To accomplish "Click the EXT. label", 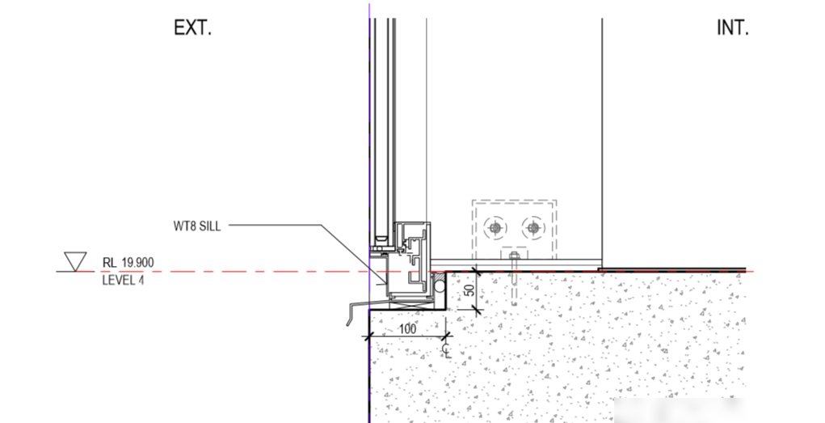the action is pyautogui.click(x=192, y=28).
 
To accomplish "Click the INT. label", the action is pyautogui.click(x=733, y=28).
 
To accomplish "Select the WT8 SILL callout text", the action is pyautogui.click(x=197, y=226).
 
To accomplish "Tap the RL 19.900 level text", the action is pyautogui.click(x=128, y=262).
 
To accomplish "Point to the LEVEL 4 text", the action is pyautogui.click(x=123, y=280).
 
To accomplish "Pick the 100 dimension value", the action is pyautogui.click(x=407, y=329).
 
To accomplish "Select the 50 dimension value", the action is pyautogui.click(x=470, y=289).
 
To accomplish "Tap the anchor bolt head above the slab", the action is pyautogui.click(x=514, y=256).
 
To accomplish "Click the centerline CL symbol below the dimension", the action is pyautogui.click(x=447, y=351).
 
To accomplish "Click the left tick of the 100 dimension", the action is pyautogui.click(x=368, y=336).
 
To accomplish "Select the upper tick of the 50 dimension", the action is pyautogui.click(x=477, y=272).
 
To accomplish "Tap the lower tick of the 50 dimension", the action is pyautogui.click(x=477, y=310).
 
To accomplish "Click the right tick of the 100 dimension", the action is pyautogui.click(x=447, y=336).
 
